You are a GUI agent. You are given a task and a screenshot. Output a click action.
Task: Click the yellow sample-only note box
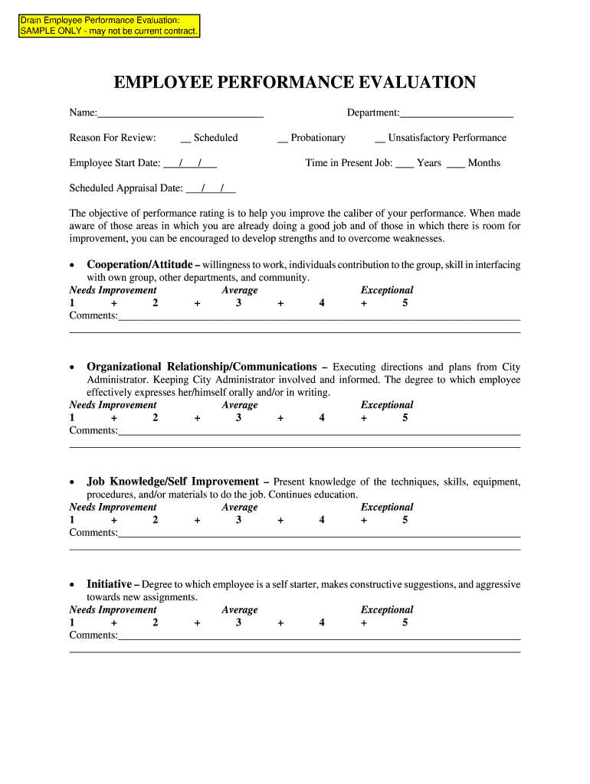tap(110, 25)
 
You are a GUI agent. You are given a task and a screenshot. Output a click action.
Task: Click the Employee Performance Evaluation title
tap(295, 83)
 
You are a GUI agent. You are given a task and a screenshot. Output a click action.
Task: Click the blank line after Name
tap(180, 113)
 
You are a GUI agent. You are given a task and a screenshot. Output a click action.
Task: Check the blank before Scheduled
tap(185, 139)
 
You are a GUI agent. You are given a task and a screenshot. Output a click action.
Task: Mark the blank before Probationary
tap(283, 139)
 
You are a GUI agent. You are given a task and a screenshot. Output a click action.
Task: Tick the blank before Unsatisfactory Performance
tap(380, 139)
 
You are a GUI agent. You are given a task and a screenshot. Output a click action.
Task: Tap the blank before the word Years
tap(405, 163)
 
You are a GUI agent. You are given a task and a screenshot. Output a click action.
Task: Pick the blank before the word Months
tap(455, 163)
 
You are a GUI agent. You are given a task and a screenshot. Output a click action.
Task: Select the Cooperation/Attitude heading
tap(139, 265)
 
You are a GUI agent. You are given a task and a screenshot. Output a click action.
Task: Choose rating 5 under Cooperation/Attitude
tap(405, 303)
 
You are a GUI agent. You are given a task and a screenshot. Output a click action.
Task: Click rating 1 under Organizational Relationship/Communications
tap(72, 418)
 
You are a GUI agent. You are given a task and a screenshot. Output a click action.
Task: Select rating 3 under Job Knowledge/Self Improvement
tap(238, 521)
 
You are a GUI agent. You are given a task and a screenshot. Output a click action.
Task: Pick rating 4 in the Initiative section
tap(322, 623)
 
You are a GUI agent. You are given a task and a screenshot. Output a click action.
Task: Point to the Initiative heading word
tap(109, 584)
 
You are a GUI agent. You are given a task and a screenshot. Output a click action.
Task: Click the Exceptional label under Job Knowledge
tap(387, 508)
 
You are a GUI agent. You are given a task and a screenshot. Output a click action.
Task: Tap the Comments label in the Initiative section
tap(93, 635)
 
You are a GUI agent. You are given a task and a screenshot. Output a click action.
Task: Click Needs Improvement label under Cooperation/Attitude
tap(113, 290)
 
